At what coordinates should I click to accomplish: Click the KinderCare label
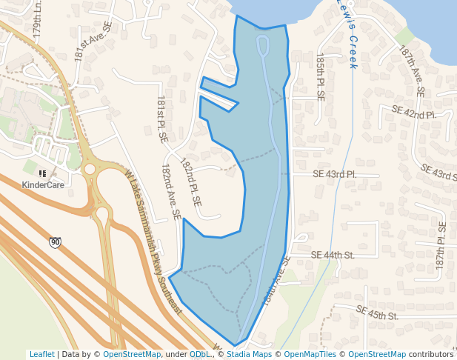(x=42, y=184)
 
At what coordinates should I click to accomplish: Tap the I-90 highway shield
(x=56, y=242)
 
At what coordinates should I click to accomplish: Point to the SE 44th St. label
(x=333, y=255)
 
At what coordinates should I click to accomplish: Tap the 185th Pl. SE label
(x=320, y=77)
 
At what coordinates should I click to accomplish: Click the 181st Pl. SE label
(x=162, y=119)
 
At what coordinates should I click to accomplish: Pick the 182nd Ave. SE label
(x=171, y=192)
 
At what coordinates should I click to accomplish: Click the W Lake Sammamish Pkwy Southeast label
(x=153, y=241)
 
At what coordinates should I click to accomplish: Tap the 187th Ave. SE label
(x=412, y=73)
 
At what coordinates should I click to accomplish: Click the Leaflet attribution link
(x=41, y=354)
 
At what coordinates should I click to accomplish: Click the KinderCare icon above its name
(x=42, y=173)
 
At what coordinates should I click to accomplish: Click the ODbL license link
(x=199, y=354)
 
